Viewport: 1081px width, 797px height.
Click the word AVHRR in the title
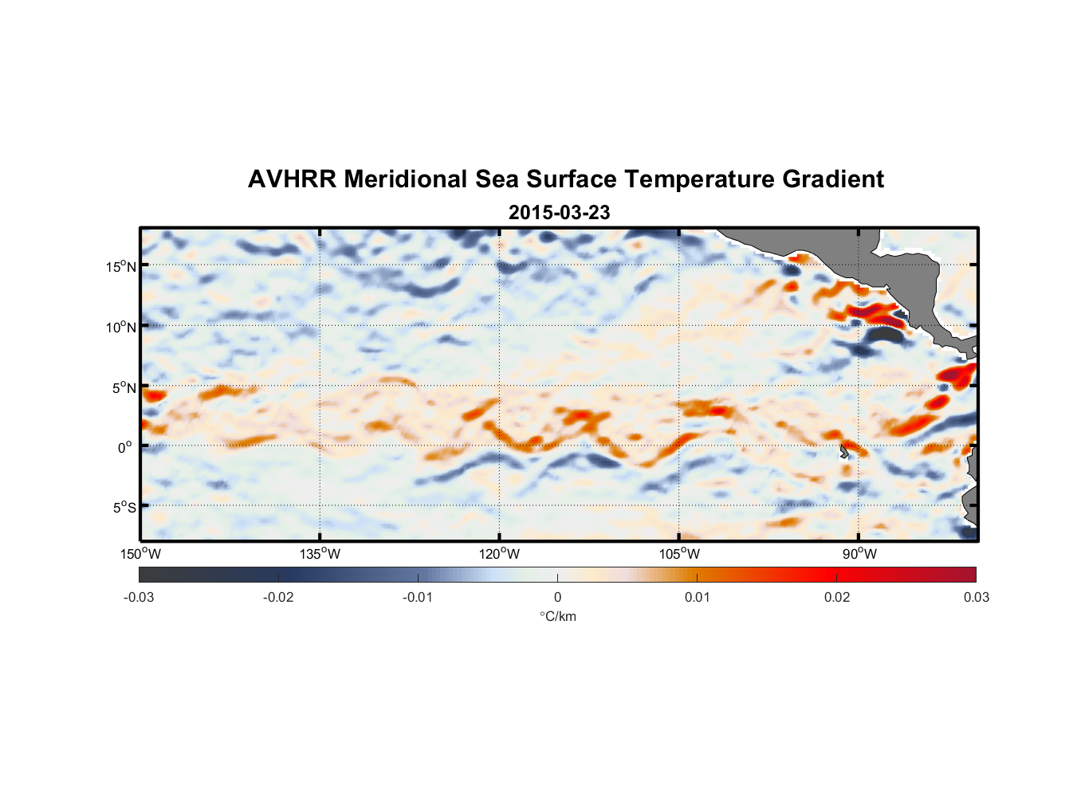291,179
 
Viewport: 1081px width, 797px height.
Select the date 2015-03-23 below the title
559,213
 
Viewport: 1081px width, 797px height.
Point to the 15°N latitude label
121,266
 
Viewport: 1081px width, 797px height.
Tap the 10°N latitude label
121,327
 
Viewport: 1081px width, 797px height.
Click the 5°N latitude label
124,388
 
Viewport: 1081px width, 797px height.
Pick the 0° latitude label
125,448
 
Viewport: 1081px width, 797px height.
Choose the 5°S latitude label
124,508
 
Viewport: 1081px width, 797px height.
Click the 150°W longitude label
141,554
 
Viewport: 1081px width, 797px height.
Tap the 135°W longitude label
320,554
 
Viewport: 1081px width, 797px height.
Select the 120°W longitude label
500,554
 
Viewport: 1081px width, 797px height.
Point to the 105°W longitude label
679,554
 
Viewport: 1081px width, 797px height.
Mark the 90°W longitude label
859,554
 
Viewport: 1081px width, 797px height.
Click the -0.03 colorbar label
139,598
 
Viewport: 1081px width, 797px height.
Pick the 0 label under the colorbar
557,598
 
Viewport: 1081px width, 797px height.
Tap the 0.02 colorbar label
837,598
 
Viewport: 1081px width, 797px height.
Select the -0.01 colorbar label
418,598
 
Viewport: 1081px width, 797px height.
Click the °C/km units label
557,616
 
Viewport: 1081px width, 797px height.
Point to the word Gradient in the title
833,179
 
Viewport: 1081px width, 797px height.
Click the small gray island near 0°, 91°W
843,452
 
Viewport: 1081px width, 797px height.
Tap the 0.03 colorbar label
976,598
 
